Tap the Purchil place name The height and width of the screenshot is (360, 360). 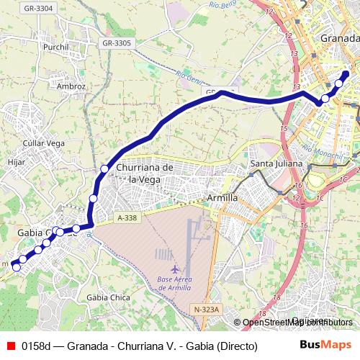point(55,47)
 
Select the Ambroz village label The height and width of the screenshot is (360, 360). point(71,86)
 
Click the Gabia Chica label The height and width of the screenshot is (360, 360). point(106,297)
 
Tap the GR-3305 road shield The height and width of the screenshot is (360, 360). point(117,43)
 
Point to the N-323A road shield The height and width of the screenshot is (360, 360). point(206,309)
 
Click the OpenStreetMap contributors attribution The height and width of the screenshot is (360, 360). point(297,323)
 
